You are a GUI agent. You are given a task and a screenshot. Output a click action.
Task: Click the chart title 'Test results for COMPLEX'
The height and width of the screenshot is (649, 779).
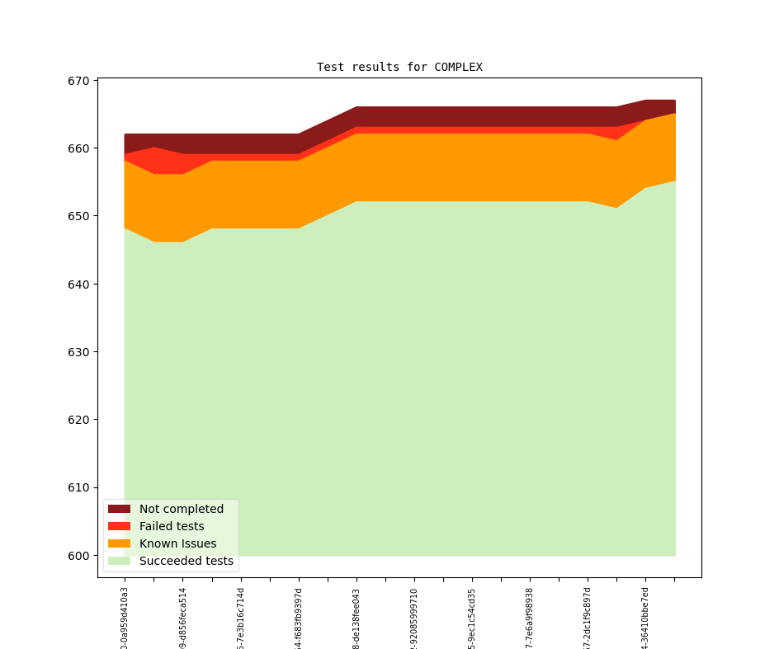point(399,67)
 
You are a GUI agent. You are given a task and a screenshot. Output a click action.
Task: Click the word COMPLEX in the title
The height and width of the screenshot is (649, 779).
point(458,67)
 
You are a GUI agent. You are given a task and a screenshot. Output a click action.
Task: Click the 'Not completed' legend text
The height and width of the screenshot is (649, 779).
point(182,509)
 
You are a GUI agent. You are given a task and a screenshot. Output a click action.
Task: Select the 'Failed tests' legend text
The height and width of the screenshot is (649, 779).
point(172,526)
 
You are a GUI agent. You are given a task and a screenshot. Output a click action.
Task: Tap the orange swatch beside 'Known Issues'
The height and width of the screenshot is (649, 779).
point(119,543)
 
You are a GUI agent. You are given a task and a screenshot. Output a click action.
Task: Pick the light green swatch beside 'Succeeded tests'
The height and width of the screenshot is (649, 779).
point(119,561)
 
